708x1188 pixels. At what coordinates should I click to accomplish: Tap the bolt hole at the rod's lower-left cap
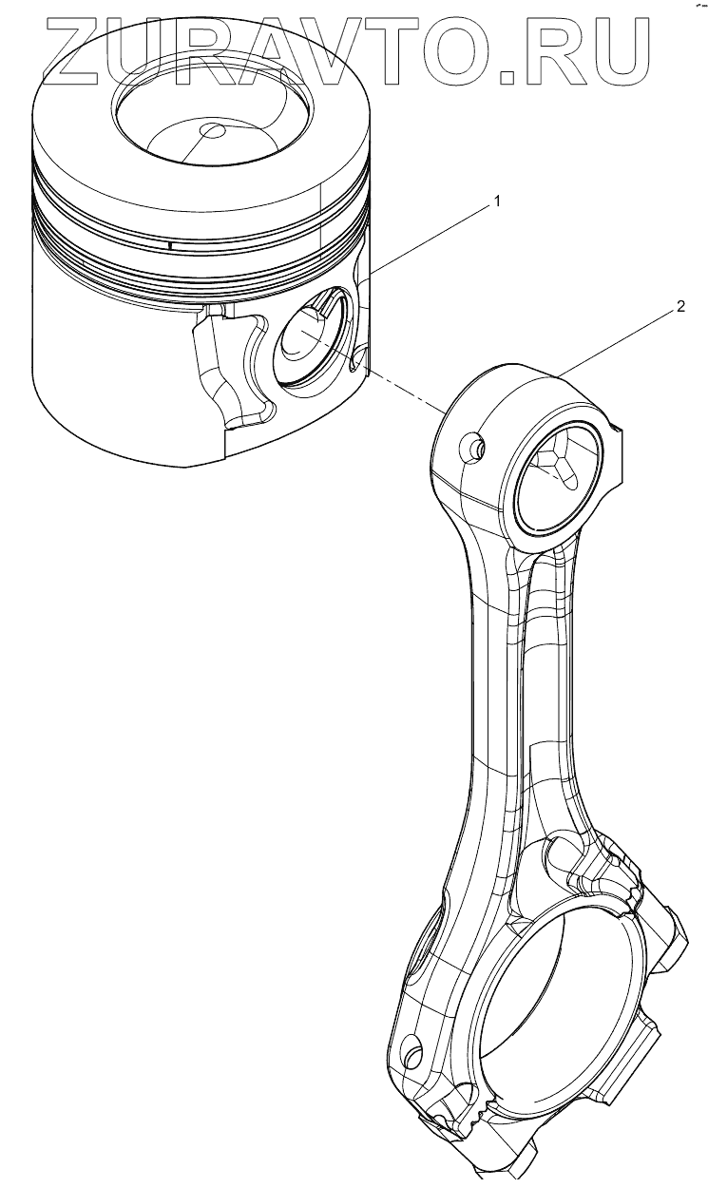click(413, 1052)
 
